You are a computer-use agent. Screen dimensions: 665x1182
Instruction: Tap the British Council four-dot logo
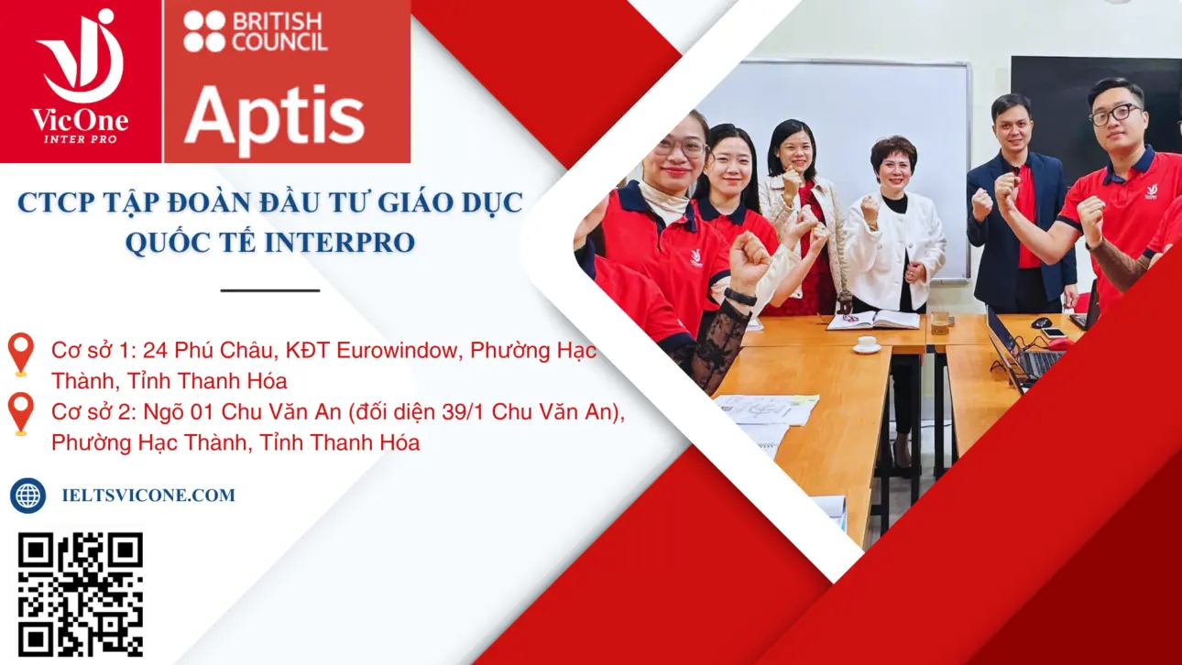coord(203,30)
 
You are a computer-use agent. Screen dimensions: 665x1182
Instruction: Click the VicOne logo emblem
coord(81,57)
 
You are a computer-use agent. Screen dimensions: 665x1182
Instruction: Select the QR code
coord(81,594)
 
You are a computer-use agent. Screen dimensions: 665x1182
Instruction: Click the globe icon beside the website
coord(27,496)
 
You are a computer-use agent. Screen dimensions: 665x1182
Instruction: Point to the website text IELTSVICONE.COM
coord(148,496)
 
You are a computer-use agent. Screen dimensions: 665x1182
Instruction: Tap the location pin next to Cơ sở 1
coord(20,354)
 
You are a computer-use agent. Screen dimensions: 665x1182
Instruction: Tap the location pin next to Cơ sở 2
coord(20,413)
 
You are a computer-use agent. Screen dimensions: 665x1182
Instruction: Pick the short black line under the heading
coord(270,290)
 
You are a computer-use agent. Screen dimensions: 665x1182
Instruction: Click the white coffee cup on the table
coord(866,344)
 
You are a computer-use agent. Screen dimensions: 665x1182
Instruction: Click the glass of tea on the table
coord(939,322)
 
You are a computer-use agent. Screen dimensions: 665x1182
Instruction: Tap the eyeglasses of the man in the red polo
coord(1114,115)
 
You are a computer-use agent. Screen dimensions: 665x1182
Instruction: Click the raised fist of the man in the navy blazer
coord(981,204)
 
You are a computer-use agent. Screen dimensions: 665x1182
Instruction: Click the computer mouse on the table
coord(1041,322)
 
